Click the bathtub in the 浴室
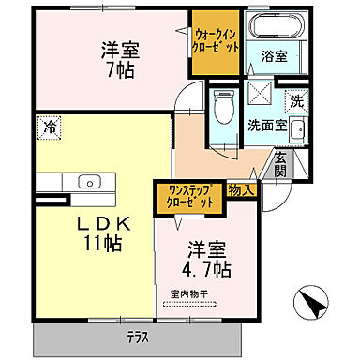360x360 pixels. pyautogui.click(x=270, y=24)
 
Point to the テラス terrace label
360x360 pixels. pyautogui.click(x=143, y=336)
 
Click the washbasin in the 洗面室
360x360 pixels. pyautogui.click(x=297, y=131)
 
